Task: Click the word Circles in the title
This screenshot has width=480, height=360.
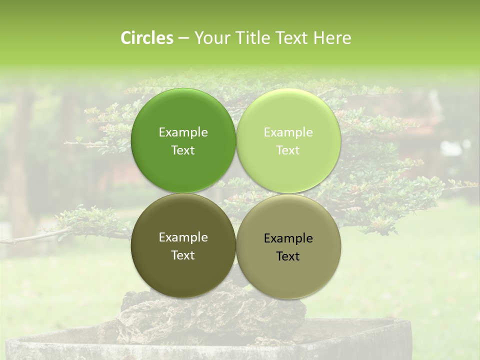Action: click(146, 38)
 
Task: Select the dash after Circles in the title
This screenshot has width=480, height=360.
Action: click(183, 38)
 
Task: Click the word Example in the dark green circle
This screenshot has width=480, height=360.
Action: click(183, 132)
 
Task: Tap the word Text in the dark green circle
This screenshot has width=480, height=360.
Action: click(183, 150)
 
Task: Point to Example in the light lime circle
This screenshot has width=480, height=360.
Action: click(288, 132)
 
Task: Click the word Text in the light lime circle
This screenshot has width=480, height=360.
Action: click(288, 150)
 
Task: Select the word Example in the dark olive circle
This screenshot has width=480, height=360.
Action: click(183, 237)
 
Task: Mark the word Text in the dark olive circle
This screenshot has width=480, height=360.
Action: click(183, 255)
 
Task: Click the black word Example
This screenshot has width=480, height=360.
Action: click(288, 238)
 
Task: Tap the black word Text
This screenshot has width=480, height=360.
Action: click(288, 256)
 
